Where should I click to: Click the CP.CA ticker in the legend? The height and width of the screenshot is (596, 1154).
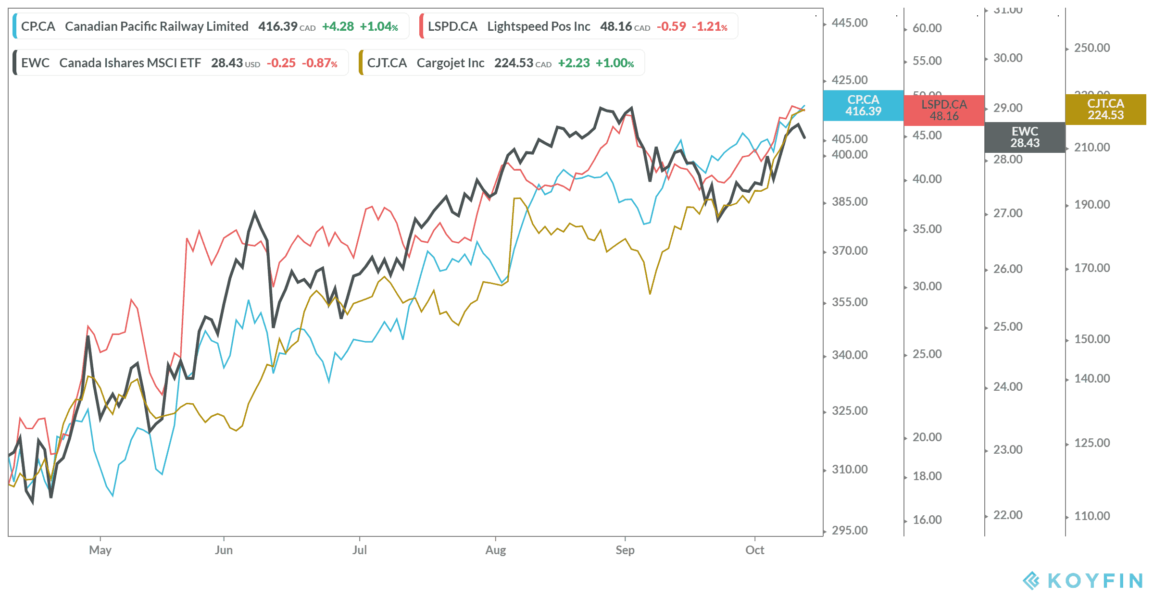pyautogui.click(x=38, y=26)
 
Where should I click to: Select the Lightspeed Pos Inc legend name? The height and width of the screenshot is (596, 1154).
pyautogui.click(x=539, y=26)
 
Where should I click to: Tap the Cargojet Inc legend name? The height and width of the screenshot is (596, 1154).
pyautogui.click(x=450, y=63)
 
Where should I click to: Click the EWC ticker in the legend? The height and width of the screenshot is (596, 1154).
pyautogui.click(x=35, y=63)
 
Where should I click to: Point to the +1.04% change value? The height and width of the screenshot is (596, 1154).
pyautogui.click(x=379, y=26)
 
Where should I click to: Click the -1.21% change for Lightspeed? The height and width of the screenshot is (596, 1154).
pyautogui.click(x=709, y=26)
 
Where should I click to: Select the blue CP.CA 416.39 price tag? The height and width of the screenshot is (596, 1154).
pyautogui.click(x=863, y=105)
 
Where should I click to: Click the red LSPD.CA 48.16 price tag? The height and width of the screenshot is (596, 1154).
pyautogui.click(x=944, y=110)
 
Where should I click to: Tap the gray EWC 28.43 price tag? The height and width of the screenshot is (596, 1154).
pyautogui.click(x=1025, y=137)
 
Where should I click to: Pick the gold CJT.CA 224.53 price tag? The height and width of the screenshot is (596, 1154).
pyautogui.click(x=1105, y=109)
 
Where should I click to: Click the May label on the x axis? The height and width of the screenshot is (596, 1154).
pyautogui.click(x=100, y=550)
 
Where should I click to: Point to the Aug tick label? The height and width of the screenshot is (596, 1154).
pyautogui.click(x=496, y=550)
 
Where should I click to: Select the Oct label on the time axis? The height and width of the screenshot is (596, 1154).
pyautogui.click(x=754, y=550)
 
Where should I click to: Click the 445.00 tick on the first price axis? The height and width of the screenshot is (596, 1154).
pyautogui.click(x=850, y=23)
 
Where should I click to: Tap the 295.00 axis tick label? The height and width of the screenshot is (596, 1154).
pyautogui.click(x=850, y=530)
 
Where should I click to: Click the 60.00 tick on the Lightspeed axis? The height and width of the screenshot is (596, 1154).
pyautogui.click(x=927, y=28)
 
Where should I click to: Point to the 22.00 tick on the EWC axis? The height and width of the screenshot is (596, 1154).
pyautogui.click(x=1008, y=515)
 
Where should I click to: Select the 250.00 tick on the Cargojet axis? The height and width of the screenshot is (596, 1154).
pyautogui.click(x=1092, y=48)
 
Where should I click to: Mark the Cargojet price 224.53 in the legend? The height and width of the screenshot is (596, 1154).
pyautogui.click(x=514, y=63)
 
